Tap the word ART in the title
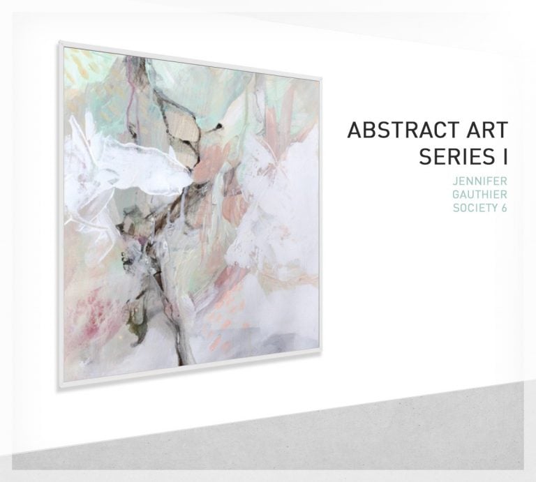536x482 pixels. [487, 130]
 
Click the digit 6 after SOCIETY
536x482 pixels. [504, 206]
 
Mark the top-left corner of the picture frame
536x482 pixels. [59, 43]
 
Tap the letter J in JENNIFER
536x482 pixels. [456, 181]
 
